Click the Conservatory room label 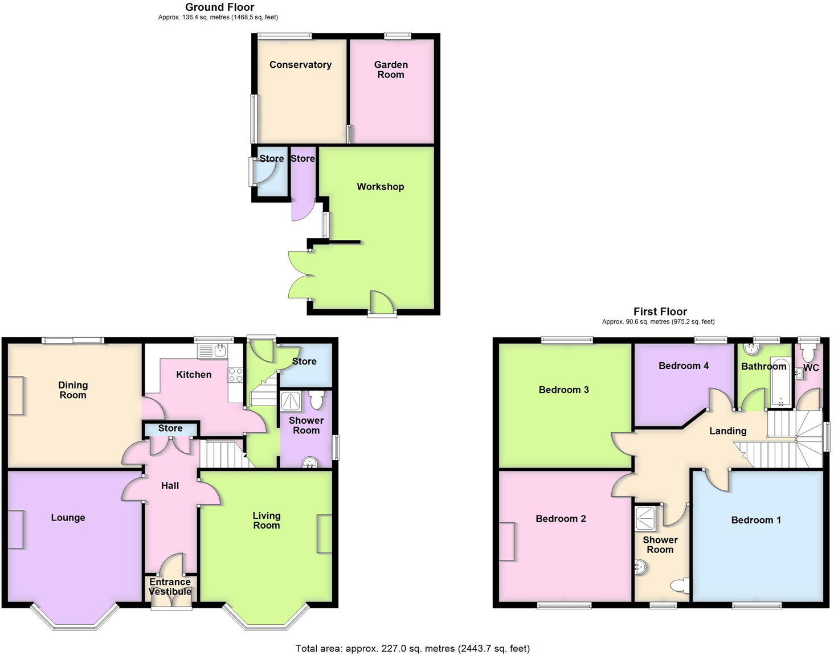click(x=300, y=65)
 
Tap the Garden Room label click(x=391, y=69)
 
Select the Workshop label click(x=380, y=187)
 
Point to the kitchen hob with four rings click(x=235, y=375)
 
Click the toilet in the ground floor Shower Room click(x=317, y=400)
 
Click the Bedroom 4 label click(x=684, y=366)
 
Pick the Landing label click(x=727, y=431)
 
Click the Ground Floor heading click(x=219, y=7)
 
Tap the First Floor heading click(x=660, y=312)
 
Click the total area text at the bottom click(x=412, y=648)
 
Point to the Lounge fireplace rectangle click(x=15, y=529)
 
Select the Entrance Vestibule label click(x=170, y=587)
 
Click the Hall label click(x=170, y=486)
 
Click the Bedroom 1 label click(x=755, y=520)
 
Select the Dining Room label click(x=73, y=390)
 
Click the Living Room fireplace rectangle click(x=324, y=534)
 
